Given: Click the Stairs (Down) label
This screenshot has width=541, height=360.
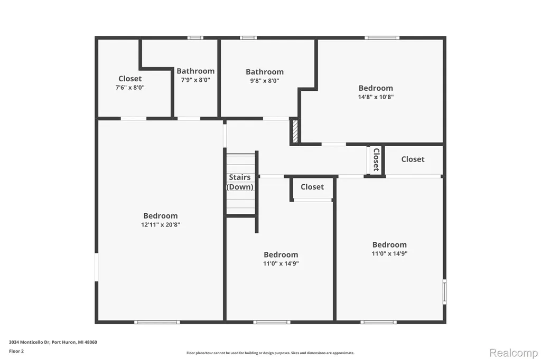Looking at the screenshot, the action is [240, 182].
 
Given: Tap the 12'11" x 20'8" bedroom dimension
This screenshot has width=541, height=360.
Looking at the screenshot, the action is [161, 225].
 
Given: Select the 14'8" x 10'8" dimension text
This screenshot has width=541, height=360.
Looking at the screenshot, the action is [376, 97].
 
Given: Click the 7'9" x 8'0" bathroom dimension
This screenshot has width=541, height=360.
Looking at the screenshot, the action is [195, 80].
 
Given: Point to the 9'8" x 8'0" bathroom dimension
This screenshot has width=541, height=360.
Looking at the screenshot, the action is [265, 81].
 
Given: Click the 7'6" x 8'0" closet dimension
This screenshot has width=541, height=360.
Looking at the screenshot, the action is [130, 88].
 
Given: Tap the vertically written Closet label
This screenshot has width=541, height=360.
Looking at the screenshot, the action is [376, 159].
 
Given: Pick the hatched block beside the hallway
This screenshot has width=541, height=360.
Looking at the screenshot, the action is [295, 131].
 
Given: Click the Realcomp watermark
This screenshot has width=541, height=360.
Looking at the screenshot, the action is [514, 353].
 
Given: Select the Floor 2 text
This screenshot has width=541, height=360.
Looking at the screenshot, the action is [16, 352].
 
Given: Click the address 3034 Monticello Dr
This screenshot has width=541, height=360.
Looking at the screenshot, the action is [30, 343].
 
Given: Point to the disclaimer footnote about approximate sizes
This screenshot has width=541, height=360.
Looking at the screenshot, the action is [270, 353].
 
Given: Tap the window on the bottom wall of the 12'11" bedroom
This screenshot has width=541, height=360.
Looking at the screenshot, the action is [157, 323].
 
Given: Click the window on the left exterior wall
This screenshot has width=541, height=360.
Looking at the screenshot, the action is [97, 267].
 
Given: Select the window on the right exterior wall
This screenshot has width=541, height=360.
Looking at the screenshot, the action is [445, 292].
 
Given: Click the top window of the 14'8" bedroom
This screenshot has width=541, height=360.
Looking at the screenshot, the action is [382, 38].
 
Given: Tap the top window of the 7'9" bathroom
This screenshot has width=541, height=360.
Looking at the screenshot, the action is [195, 38].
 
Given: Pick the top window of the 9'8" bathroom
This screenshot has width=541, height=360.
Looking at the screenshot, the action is [248, 38].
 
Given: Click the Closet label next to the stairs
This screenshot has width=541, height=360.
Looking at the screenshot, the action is [312, 187].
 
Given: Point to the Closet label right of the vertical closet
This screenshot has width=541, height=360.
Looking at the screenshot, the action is [413, 159].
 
